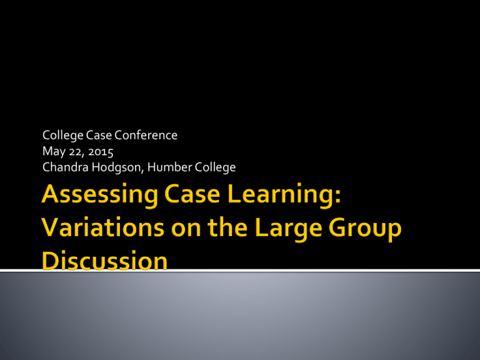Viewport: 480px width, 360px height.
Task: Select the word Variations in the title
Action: point(103,227)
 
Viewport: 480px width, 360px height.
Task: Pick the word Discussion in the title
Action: point(105,261)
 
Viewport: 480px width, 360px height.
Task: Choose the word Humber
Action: point(169,167)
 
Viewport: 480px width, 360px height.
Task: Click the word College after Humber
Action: point(215,167)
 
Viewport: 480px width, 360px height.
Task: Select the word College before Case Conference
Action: point(62,136)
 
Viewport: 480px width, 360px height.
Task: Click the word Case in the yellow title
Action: point(192,194)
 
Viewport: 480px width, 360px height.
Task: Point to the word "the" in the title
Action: point(227,227)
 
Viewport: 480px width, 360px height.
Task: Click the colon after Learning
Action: point(337,196)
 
